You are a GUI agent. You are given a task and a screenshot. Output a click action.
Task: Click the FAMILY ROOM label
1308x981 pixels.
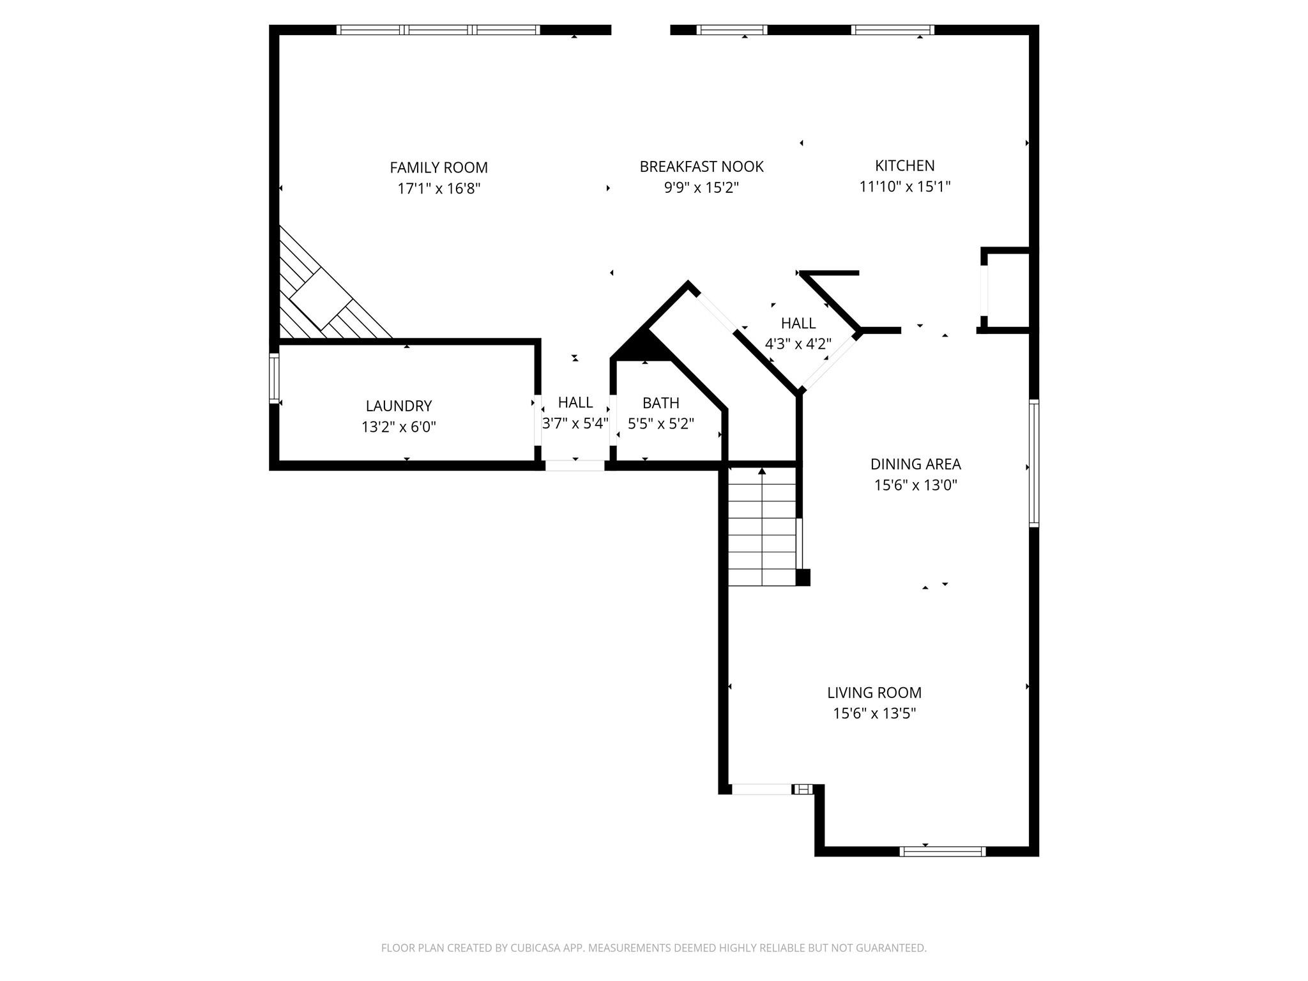tap(438, 167)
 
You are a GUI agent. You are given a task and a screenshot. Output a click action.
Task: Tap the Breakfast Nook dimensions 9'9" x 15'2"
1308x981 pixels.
tap(701, 188)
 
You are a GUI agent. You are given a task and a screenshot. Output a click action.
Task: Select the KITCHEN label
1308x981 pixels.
tap(904, 165)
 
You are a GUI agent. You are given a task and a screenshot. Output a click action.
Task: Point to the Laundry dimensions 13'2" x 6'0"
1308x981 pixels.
tap(399, 427)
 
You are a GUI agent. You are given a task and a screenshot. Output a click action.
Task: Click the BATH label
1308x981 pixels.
tap(660, 403)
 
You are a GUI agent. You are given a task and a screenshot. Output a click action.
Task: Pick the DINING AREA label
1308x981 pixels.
tap(915, 464)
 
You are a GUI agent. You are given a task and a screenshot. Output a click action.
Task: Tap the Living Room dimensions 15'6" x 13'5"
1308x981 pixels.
tap(874, 713)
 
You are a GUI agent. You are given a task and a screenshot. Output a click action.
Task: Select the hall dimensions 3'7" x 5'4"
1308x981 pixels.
tap(575, 423)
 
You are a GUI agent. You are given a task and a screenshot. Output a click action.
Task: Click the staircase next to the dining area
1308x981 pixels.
tap(762, 527)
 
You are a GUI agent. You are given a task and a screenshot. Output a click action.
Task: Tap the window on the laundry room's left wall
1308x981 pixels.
tap(274, 378)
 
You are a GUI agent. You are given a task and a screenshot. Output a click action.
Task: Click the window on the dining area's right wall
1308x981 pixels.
tap(1033, 463)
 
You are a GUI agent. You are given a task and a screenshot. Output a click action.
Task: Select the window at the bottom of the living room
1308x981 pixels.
tap(942, 851)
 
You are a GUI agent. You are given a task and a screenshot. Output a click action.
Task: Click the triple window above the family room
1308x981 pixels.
tap(438, 29)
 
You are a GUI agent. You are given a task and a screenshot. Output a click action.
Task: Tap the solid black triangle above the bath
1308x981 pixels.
tap(645, 348)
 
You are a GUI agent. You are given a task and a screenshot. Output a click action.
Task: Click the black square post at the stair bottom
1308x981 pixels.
tap(803, 577)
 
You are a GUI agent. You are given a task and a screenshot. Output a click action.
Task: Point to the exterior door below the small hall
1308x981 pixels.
tap(575, 466)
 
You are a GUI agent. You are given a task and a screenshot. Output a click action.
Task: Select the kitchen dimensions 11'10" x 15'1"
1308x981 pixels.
tap(904, 186)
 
